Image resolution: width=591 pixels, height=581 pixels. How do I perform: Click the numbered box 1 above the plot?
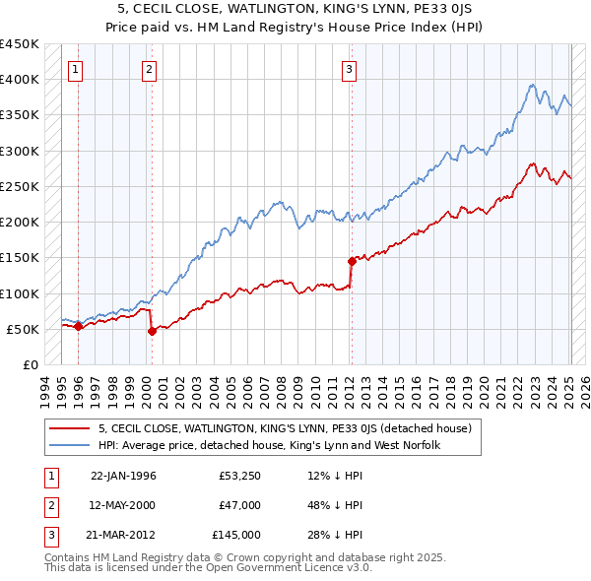pos(77,69)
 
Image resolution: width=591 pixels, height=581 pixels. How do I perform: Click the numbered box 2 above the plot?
pos(148,69)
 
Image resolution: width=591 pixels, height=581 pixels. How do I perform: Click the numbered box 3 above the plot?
pos(349,69)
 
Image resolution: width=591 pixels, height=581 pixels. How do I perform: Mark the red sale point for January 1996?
pos(78,327)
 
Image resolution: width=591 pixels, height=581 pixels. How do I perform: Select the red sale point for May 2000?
pos(152,332)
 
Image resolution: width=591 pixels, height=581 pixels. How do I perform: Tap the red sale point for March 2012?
pos(352,261)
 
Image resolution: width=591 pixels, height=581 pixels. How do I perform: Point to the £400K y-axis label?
pos(20,80)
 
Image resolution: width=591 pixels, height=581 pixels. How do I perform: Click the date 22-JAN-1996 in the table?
pos(123,476)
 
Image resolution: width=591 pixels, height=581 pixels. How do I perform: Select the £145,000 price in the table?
pos(235,535)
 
